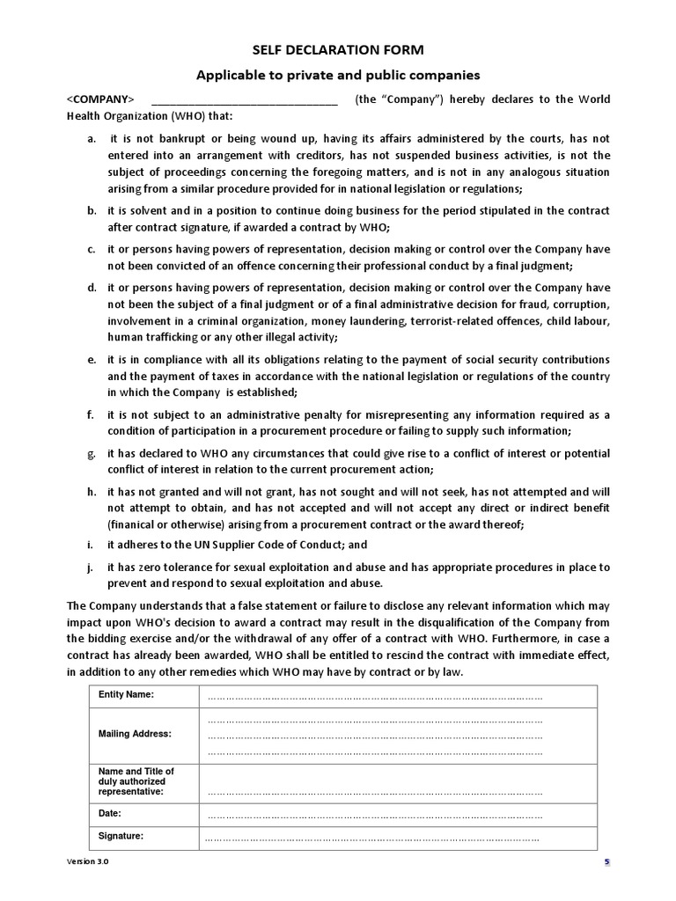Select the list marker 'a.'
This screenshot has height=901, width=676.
92,139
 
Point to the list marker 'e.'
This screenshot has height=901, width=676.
92,360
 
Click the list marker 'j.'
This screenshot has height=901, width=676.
92,568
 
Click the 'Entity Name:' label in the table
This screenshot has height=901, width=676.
126,695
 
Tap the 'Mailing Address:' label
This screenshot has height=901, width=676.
135,734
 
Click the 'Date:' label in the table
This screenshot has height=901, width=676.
110,814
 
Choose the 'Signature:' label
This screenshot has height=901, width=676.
121,836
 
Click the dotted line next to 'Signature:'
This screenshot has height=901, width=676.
373,839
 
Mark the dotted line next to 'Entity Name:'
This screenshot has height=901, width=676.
373,698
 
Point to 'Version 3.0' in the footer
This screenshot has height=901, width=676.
88,862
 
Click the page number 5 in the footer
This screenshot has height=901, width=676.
606,862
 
